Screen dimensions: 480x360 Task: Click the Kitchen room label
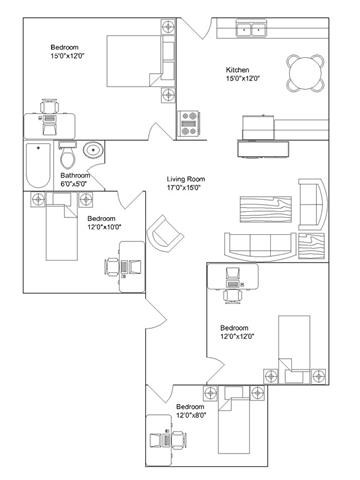pyautogui.click(x=239, y=70)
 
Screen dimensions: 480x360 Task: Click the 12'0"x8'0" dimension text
pyautogui.click(x=191, y=416)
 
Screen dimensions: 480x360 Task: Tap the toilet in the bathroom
pyautogui.click(x=67, y=156)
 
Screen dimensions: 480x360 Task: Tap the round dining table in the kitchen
pyautogui.click(x=301, y=69)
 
